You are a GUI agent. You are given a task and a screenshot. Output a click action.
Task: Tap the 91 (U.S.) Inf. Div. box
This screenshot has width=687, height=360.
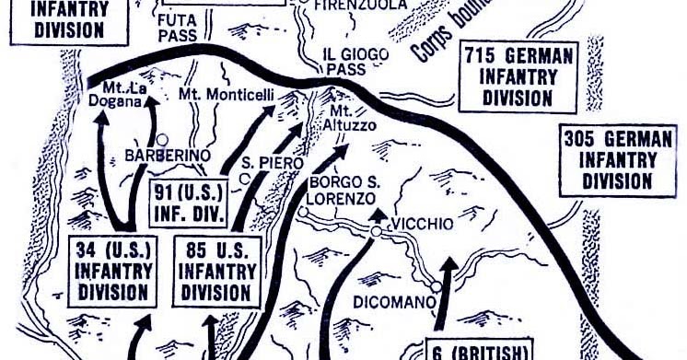click(190, 198)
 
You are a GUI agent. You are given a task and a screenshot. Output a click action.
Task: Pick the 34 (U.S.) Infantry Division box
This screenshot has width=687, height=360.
click(115, 271)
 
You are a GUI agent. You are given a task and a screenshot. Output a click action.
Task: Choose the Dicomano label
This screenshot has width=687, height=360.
click(390, 299)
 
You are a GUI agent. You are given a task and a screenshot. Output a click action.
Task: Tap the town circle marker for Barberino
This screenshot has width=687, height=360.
click(163, 138)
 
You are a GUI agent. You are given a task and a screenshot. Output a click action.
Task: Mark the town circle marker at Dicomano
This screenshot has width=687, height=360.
click(437, 286)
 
